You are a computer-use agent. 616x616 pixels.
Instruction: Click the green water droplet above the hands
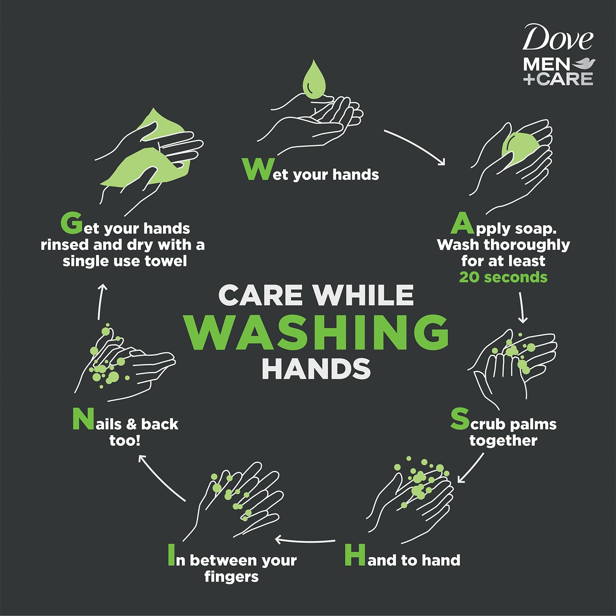[314, 80]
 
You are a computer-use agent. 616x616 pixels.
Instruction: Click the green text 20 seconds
[503, 277]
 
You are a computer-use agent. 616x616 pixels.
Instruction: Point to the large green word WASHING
[316, 332]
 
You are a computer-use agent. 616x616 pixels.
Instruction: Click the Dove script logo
[558, 38]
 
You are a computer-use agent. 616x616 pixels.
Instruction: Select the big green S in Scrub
[460, 419]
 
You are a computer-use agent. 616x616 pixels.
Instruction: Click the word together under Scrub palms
[503, 441]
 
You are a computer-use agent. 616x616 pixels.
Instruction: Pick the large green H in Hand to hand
[355, 555]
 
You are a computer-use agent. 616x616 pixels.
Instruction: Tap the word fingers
[231, 577]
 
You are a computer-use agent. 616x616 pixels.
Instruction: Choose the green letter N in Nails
[83, 419]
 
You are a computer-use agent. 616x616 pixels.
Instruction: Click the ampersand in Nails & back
[131, 424]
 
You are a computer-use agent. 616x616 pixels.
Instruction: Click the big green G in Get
[72, 223]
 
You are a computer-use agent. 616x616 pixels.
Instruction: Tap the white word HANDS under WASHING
[316, 369]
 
